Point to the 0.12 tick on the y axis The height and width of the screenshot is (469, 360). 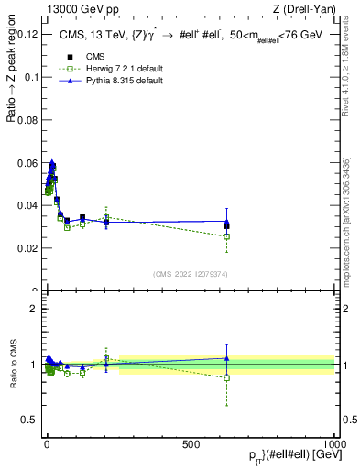28,34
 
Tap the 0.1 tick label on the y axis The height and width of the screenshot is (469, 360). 31,77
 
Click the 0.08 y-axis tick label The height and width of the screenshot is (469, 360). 28,120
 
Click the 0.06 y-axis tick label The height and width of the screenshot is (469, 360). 28,162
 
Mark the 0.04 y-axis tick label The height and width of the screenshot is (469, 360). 28,205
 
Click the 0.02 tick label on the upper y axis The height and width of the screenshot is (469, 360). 28,248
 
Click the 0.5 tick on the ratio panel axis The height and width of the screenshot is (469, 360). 31,420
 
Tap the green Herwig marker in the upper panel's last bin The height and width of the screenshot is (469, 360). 226,236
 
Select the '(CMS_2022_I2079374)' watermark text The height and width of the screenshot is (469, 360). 191,272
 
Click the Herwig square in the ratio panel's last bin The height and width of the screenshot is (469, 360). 226,377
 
